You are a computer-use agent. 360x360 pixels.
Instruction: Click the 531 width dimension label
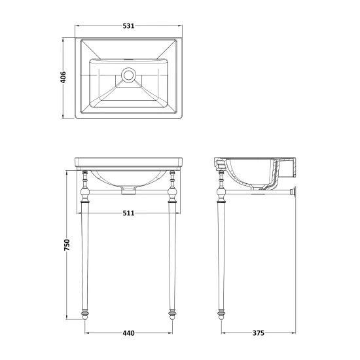pyautogui.click(x=128, y=26)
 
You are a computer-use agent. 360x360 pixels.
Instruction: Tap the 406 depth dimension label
pyautogui.click(x=63, y=77)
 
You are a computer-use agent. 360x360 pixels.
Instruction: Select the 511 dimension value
pyautogui.click(x=128, y=213)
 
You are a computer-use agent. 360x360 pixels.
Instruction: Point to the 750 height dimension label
pyautogui.click(x=67, y=245)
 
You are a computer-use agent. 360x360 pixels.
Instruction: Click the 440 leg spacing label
pyautogui.click(x=128, y=333)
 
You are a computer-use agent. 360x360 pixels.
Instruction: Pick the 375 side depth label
pyautogui.click(x=259, y=333)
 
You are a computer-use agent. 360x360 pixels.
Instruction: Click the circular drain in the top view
pyautogui.click(x=128, y=75)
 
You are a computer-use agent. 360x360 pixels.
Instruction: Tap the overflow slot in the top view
pyautogui.click(x=128, y=60)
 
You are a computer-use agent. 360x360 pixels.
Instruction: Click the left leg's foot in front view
pyautogui.click(x=85, y=315)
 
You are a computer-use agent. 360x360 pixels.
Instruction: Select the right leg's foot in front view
pyautogui.click(x=172, y=315)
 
